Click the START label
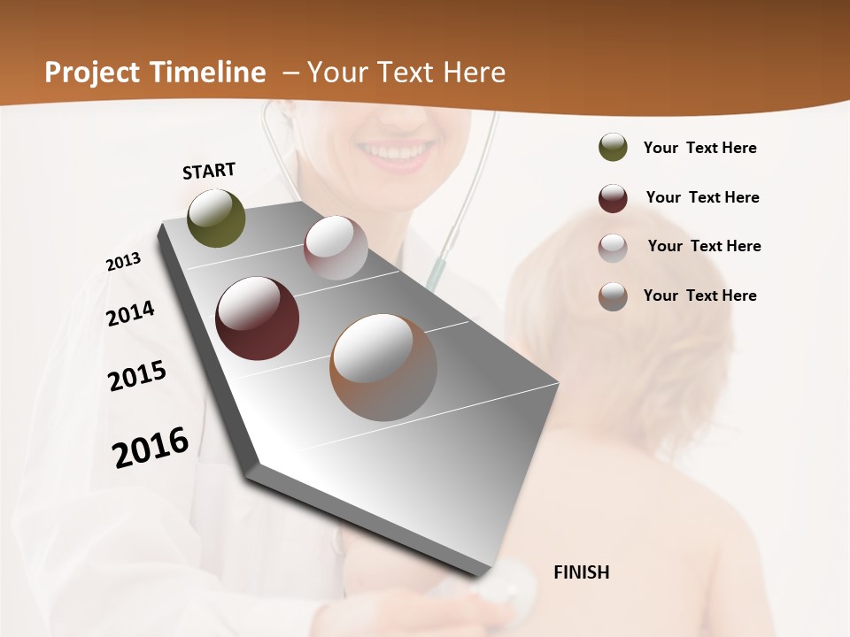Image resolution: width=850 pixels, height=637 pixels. pos(209,171)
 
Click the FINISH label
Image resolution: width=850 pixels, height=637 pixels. pos(581,572)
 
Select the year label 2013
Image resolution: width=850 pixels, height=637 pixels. pos(123,262)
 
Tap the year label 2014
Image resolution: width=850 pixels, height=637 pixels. pos(130,313)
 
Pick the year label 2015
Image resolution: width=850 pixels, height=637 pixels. pos(137,376)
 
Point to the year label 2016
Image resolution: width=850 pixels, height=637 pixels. pos(151,447)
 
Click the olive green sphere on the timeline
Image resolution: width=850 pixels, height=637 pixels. pos(217,218)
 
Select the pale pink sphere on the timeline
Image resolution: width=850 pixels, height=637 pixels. pos(336,248)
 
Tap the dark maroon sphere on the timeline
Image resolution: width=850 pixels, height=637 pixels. pos(258,318)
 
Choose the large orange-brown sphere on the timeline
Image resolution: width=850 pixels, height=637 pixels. pos(383,367)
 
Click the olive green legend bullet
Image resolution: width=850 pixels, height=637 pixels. pos(613,148)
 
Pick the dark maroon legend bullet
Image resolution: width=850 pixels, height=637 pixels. pos(613,197)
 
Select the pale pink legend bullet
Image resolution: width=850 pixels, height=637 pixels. pos(613,247)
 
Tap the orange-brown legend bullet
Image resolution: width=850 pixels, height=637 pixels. pos(613,296)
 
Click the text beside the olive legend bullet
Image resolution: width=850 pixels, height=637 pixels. pos(699,148)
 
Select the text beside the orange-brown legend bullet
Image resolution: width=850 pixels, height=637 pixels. pos(699,295)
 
